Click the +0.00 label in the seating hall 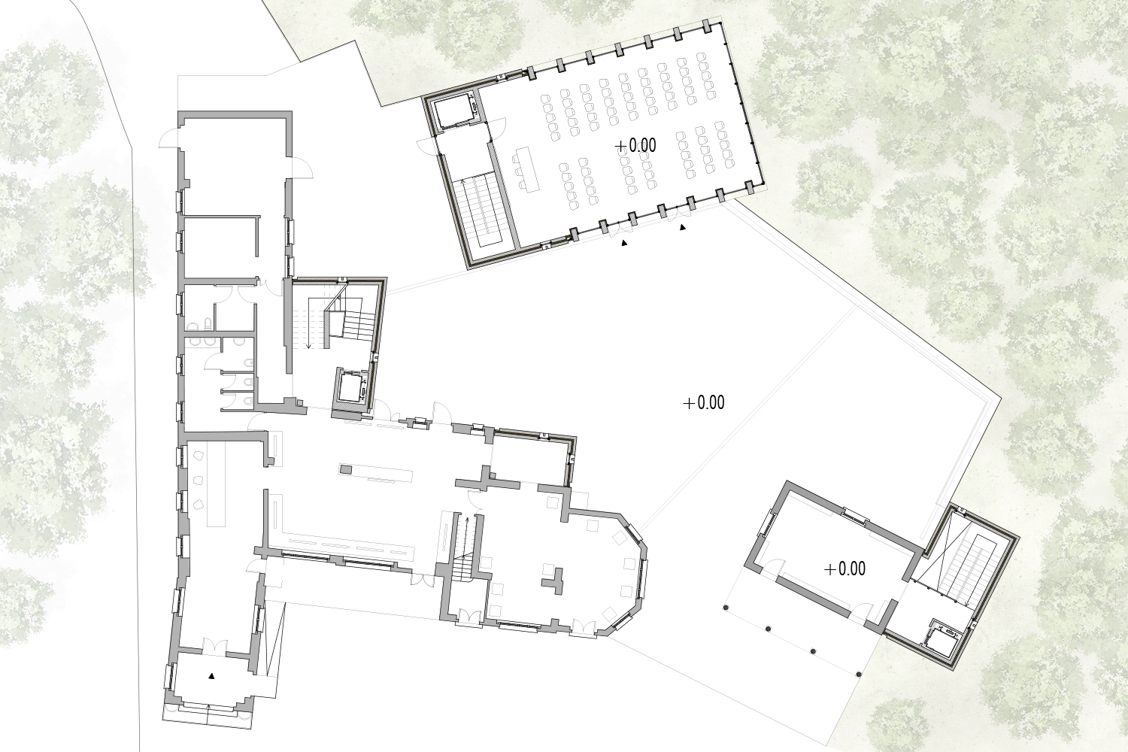coord(636,146)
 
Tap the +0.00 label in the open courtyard coord(704,402)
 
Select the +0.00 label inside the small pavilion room coord(844,569)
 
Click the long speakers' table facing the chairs coord(527,169)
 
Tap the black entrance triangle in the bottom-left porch coord(212,676)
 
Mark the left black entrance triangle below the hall coord(624,244)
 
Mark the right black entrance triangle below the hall coord(683,228)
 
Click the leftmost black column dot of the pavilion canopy coord(726,608)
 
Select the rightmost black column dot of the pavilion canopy coord(859,674)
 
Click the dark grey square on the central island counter coord(346,469)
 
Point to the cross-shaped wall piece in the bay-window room coord(553,581)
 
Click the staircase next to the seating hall coord(481,211)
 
